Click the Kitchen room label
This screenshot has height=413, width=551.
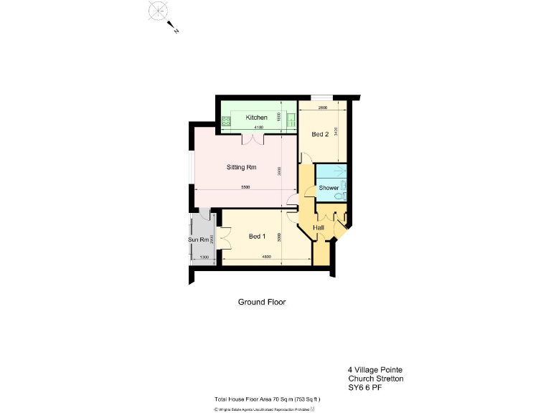click(x=256, y=118)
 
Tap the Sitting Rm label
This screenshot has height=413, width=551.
click(x=242, y=168)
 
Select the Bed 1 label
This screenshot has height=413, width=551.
click(x=257, y=237)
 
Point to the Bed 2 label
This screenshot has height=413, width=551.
click(x=320, y=134)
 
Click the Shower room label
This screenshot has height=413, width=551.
click(x=329, y=188)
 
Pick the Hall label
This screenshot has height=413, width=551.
click(x=319, y=228)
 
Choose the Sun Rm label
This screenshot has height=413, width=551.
click(x=199, y=239)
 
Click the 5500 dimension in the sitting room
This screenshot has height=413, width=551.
click(x=245, y=187)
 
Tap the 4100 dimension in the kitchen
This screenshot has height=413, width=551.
click(x=259, y=128)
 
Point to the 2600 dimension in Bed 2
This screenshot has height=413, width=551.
click(x=322, y=108)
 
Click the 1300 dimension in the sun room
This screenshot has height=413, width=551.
click(x=204, y=257)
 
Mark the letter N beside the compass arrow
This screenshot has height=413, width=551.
click(x=176, y=31)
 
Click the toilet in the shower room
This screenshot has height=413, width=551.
click(x=344, y=194)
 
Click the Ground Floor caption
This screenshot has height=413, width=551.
click(x=262, y=303)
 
